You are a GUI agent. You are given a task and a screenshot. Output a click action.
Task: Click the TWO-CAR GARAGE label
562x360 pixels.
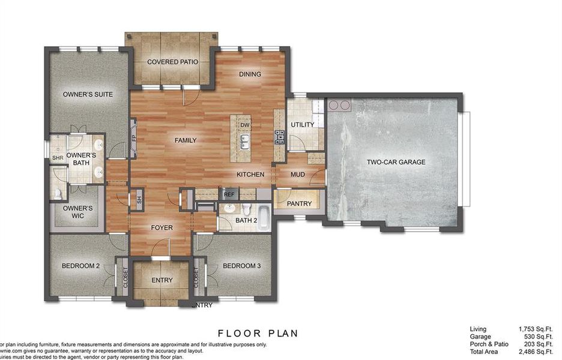396,162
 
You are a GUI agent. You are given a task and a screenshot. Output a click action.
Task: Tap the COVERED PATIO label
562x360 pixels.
173,62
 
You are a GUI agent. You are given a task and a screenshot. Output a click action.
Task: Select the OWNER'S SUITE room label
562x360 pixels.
88,94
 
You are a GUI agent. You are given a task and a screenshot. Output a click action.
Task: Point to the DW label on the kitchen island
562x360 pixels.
244,125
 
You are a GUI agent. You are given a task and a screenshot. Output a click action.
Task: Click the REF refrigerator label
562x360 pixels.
229,194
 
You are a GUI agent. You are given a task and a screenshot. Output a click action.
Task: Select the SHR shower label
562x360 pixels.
58,158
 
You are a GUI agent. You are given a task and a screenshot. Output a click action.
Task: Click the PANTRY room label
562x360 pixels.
299,204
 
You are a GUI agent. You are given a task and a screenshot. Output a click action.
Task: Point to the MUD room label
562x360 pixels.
298,175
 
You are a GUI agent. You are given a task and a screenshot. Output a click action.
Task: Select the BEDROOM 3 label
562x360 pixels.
241,266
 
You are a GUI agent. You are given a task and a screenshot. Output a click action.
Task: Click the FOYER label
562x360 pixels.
162,228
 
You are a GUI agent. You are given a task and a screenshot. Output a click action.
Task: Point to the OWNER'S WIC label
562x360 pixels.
78,212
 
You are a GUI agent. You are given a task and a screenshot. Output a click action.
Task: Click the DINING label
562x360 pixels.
250,74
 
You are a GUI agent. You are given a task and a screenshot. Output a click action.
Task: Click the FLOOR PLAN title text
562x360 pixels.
258,333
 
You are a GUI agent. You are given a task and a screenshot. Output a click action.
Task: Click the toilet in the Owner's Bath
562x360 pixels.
58,194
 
